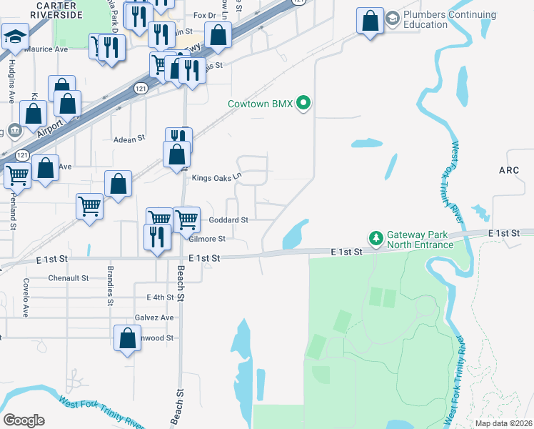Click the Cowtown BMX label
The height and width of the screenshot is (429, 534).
261,104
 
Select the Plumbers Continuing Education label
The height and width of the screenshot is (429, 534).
450,19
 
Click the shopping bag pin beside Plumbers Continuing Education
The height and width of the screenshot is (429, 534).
371,21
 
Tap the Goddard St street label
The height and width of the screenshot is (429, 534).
228,220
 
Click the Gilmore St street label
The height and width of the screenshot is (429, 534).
207,239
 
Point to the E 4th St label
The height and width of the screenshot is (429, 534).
160,297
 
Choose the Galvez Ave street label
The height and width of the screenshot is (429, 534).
153,317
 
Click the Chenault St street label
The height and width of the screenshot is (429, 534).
68,277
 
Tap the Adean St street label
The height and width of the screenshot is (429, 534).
129,139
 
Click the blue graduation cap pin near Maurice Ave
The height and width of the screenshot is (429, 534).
15,38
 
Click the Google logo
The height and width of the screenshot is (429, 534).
24,420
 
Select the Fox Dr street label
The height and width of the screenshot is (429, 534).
204,15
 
